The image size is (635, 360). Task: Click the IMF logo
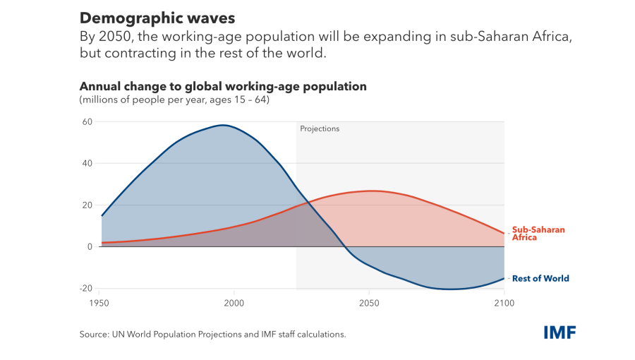pos(560,332)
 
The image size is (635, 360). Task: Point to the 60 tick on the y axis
pos(87,121)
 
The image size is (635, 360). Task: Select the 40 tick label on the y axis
pos(87,163)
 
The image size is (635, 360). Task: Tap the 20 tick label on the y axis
pos(87,205)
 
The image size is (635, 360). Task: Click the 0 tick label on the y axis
pos(90,246)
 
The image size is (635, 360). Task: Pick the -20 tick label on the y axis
pos(86,288)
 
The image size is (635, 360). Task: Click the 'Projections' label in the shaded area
pos(320,129)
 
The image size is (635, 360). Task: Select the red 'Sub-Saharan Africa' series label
pos(538,234)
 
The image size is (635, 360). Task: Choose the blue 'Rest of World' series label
pos(540,279)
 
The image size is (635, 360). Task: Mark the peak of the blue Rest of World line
pos(223,125)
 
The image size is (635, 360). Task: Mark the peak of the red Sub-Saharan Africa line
pos(371,191)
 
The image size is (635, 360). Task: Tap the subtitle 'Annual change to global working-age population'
pos(223,87)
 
